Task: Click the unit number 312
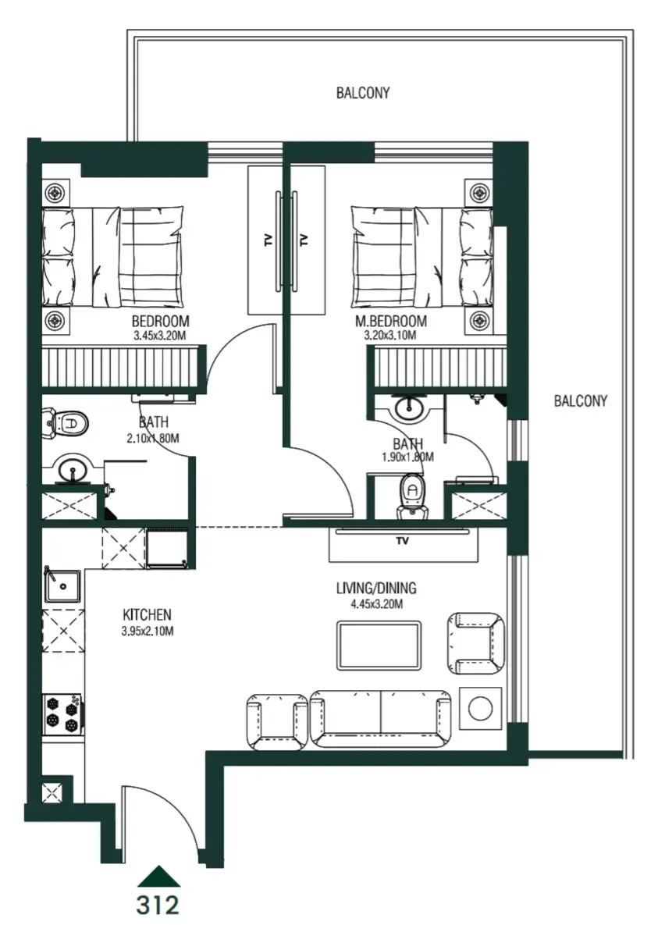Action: pyautogui.click(x=158, y=905)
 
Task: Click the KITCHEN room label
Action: pyautogui.click(x=147, y=614)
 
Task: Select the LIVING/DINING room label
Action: pyautogui.click(x=376, y=588)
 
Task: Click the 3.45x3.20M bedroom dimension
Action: pyautogui.click(x=160, y=336)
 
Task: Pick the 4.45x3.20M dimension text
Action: pyautogui.click(x=376, y=603)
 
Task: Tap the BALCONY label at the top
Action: pyautogui.click(x=363, y=93)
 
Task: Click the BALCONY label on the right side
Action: pyautogui.click(x=580, y=401)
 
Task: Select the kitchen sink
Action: pyautogui.click(x=62, y=585)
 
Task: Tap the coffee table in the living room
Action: pyautogui.click(x=379, y=644)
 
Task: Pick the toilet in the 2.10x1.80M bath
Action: pyautogui.click(x=68, y=424)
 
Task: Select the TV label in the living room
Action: pyautogui.click(x=403, y=540)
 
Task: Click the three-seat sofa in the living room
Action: pyautogui.click(x=380, y=717)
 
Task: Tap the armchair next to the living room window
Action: pyautogui.click(x=475, y=642)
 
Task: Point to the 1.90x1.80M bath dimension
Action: pyautogui.click(x=407, y=457)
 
